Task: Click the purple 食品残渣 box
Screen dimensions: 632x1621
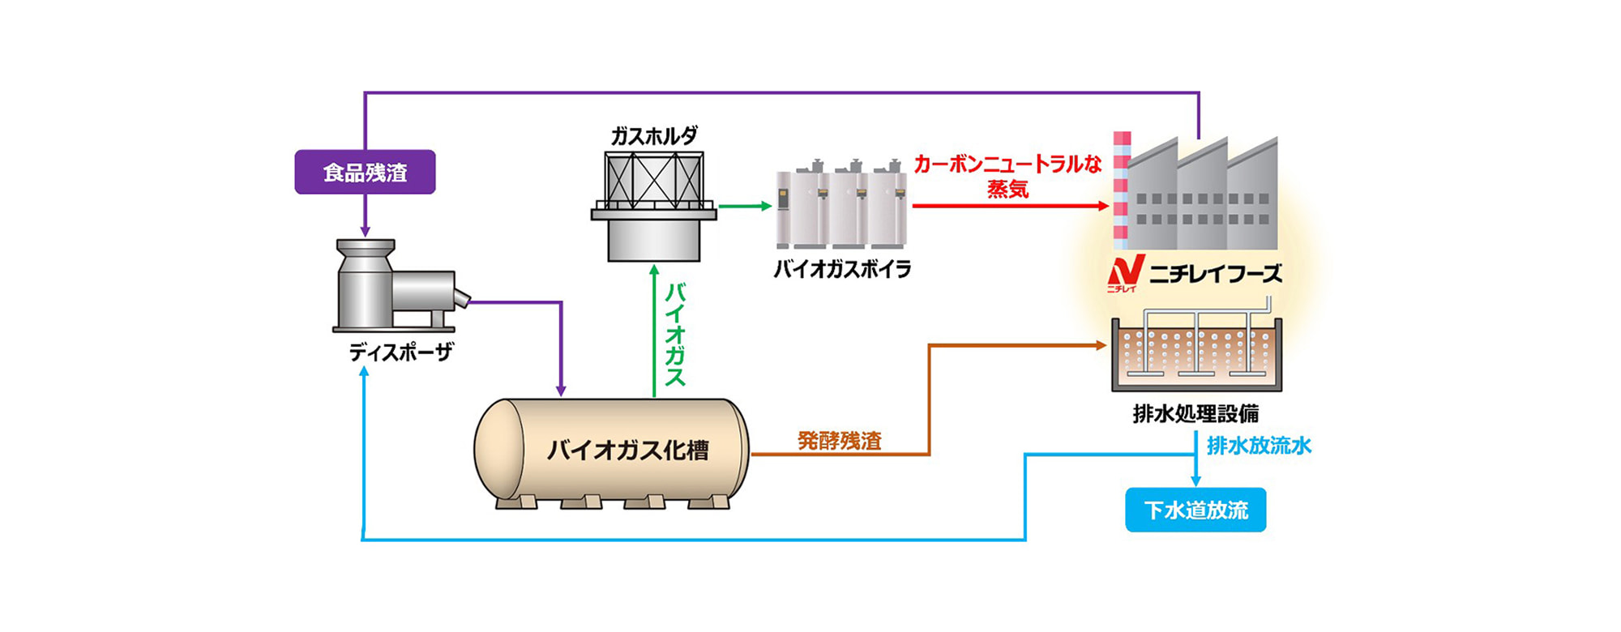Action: tap(365, 172)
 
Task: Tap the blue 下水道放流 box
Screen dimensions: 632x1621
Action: tap(1195, 510)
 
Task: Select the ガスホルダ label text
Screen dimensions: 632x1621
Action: tap(653, 136)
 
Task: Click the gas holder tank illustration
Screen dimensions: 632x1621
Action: tap(653, 207)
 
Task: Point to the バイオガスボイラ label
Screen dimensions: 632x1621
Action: tap(842, 269)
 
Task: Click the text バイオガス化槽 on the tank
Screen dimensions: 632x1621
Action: tap(627, 450)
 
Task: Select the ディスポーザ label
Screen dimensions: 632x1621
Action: tap(400, 352)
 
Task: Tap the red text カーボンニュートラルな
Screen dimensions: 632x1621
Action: tap(1007, 164)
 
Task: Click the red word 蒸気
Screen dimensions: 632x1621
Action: tap(1007, 190)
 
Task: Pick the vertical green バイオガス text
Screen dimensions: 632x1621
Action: tap(675, 335)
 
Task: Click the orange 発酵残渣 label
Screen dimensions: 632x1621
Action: tap(839, 441)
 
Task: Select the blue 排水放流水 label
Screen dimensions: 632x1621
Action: tap(1259, 446)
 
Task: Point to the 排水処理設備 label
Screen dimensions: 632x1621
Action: tap(1195, 414)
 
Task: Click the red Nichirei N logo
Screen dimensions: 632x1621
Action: tap(1126, 272)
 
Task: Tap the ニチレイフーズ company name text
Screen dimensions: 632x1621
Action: tap(1216, 274)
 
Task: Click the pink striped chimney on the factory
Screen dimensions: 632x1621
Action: tap(1121, 190)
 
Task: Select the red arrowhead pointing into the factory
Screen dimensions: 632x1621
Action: tap(1103, 206)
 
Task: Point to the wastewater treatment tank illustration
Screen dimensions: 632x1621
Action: tap(1195, 352)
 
